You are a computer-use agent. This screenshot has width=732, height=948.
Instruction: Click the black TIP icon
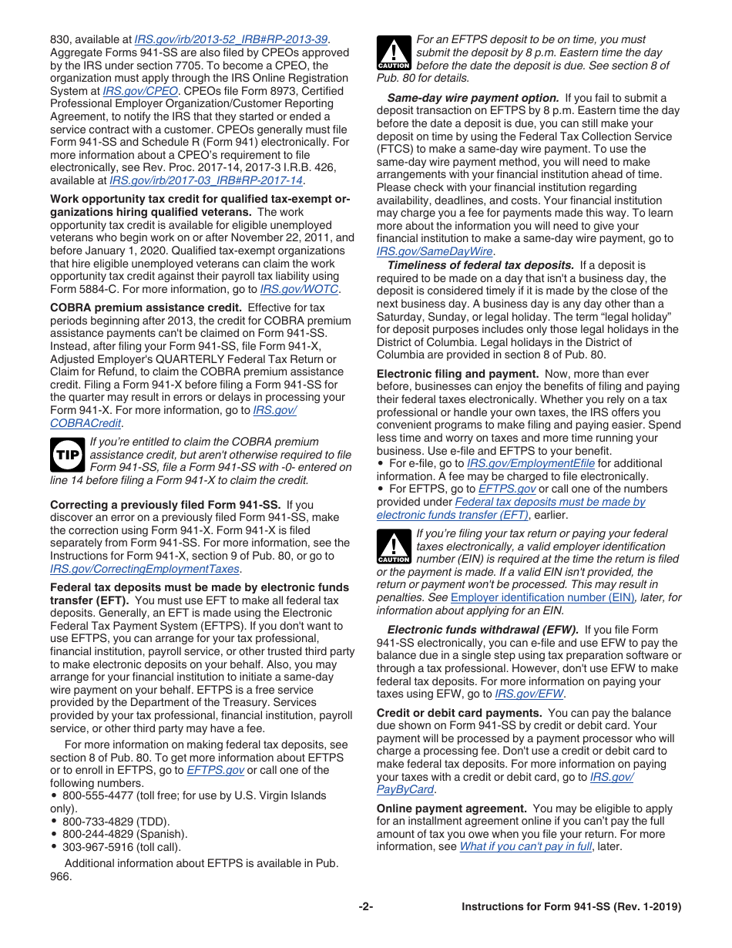coord(67,455)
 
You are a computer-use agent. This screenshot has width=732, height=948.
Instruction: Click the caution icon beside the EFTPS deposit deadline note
coord(394,53)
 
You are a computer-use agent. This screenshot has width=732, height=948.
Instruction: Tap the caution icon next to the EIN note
coord(394,547)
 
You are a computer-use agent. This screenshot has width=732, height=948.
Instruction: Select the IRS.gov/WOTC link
coord(300,289)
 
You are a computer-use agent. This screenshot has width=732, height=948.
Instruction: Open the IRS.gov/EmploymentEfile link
coord(531,463)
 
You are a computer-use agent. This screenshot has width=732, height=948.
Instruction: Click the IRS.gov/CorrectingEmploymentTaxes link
coord(145,569)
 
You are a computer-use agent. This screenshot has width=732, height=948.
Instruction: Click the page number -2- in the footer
coord(366,907)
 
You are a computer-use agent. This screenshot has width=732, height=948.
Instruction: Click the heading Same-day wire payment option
coord(472,98)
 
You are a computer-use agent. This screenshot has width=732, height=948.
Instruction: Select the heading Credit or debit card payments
coord(459,713)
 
